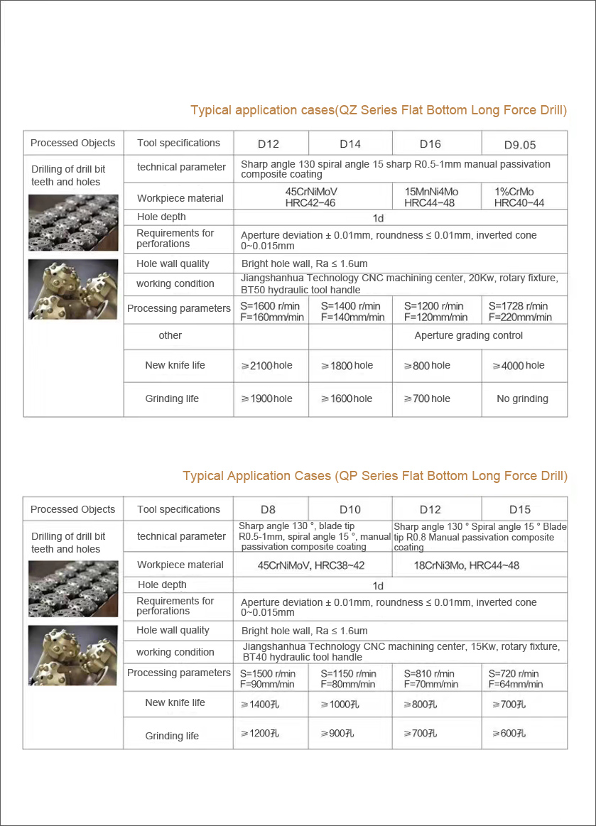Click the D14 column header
coord(350,143)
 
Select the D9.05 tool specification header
coord(520,144)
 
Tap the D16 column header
coord(430,143)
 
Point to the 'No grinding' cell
coord(522,398)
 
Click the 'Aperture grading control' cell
coord(469,335)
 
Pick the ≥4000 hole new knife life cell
coord(518,365)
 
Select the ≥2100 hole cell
coord(267,365)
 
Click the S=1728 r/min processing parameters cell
coord(519,312)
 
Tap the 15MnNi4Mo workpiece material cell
coord(431,197)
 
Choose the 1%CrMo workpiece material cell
coord(519,197)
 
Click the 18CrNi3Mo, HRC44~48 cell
coord(467,565)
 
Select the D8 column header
coord(268,509)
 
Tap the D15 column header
coord(520,509)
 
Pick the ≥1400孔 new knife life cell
coord(266,704)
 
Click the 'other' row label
coord(170,335)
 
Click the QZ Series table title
coord(379,110)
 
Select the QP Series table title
coord(375,476)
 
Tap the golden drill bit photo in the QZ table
coord(73,289)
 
